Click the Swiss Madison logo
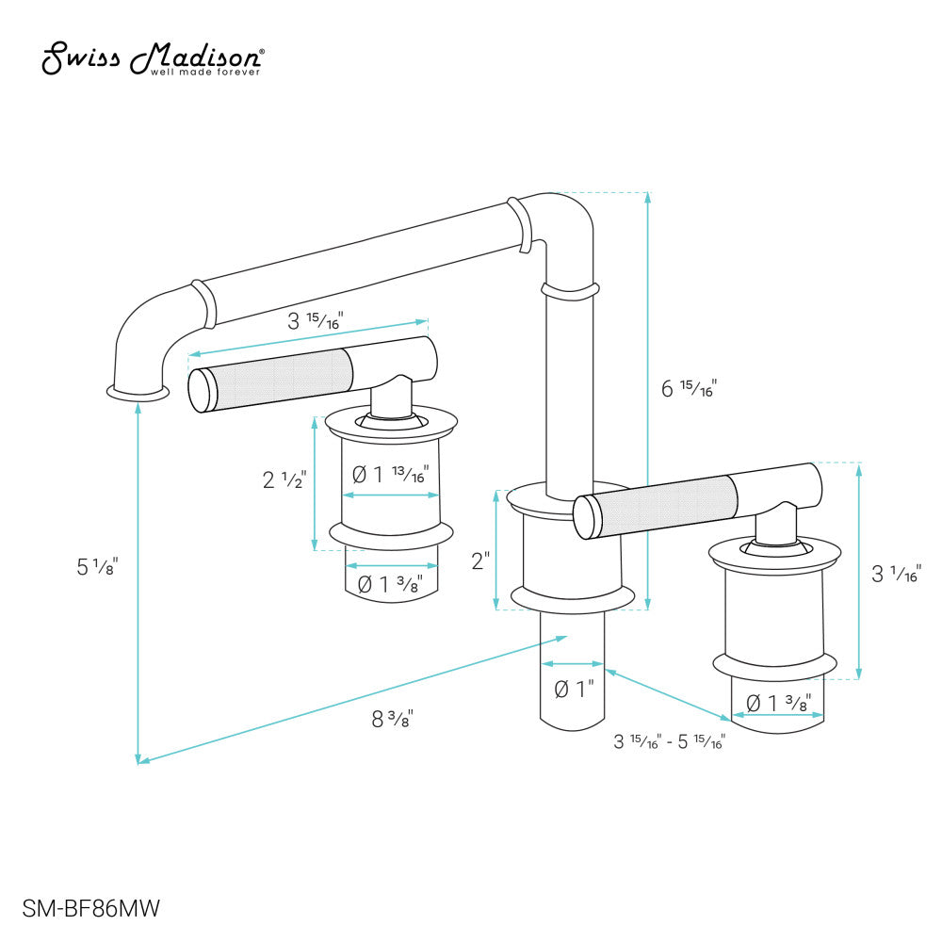click(153, 58)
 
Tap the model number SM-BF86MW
click(86, 909)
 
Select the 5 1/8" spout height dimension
click(97, 567)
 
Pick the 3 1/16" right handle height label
click(895, 572)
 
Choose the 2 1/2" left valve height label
click(284, 479)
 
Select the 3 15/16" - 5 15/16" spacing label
click(669, 741)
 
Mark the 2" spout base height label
click(480, 561)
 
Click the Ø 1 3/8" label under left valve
click(391, 584)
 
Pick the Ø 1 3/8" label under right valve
click(778, 702)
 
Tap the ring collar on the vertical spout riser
click(570, 290)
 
